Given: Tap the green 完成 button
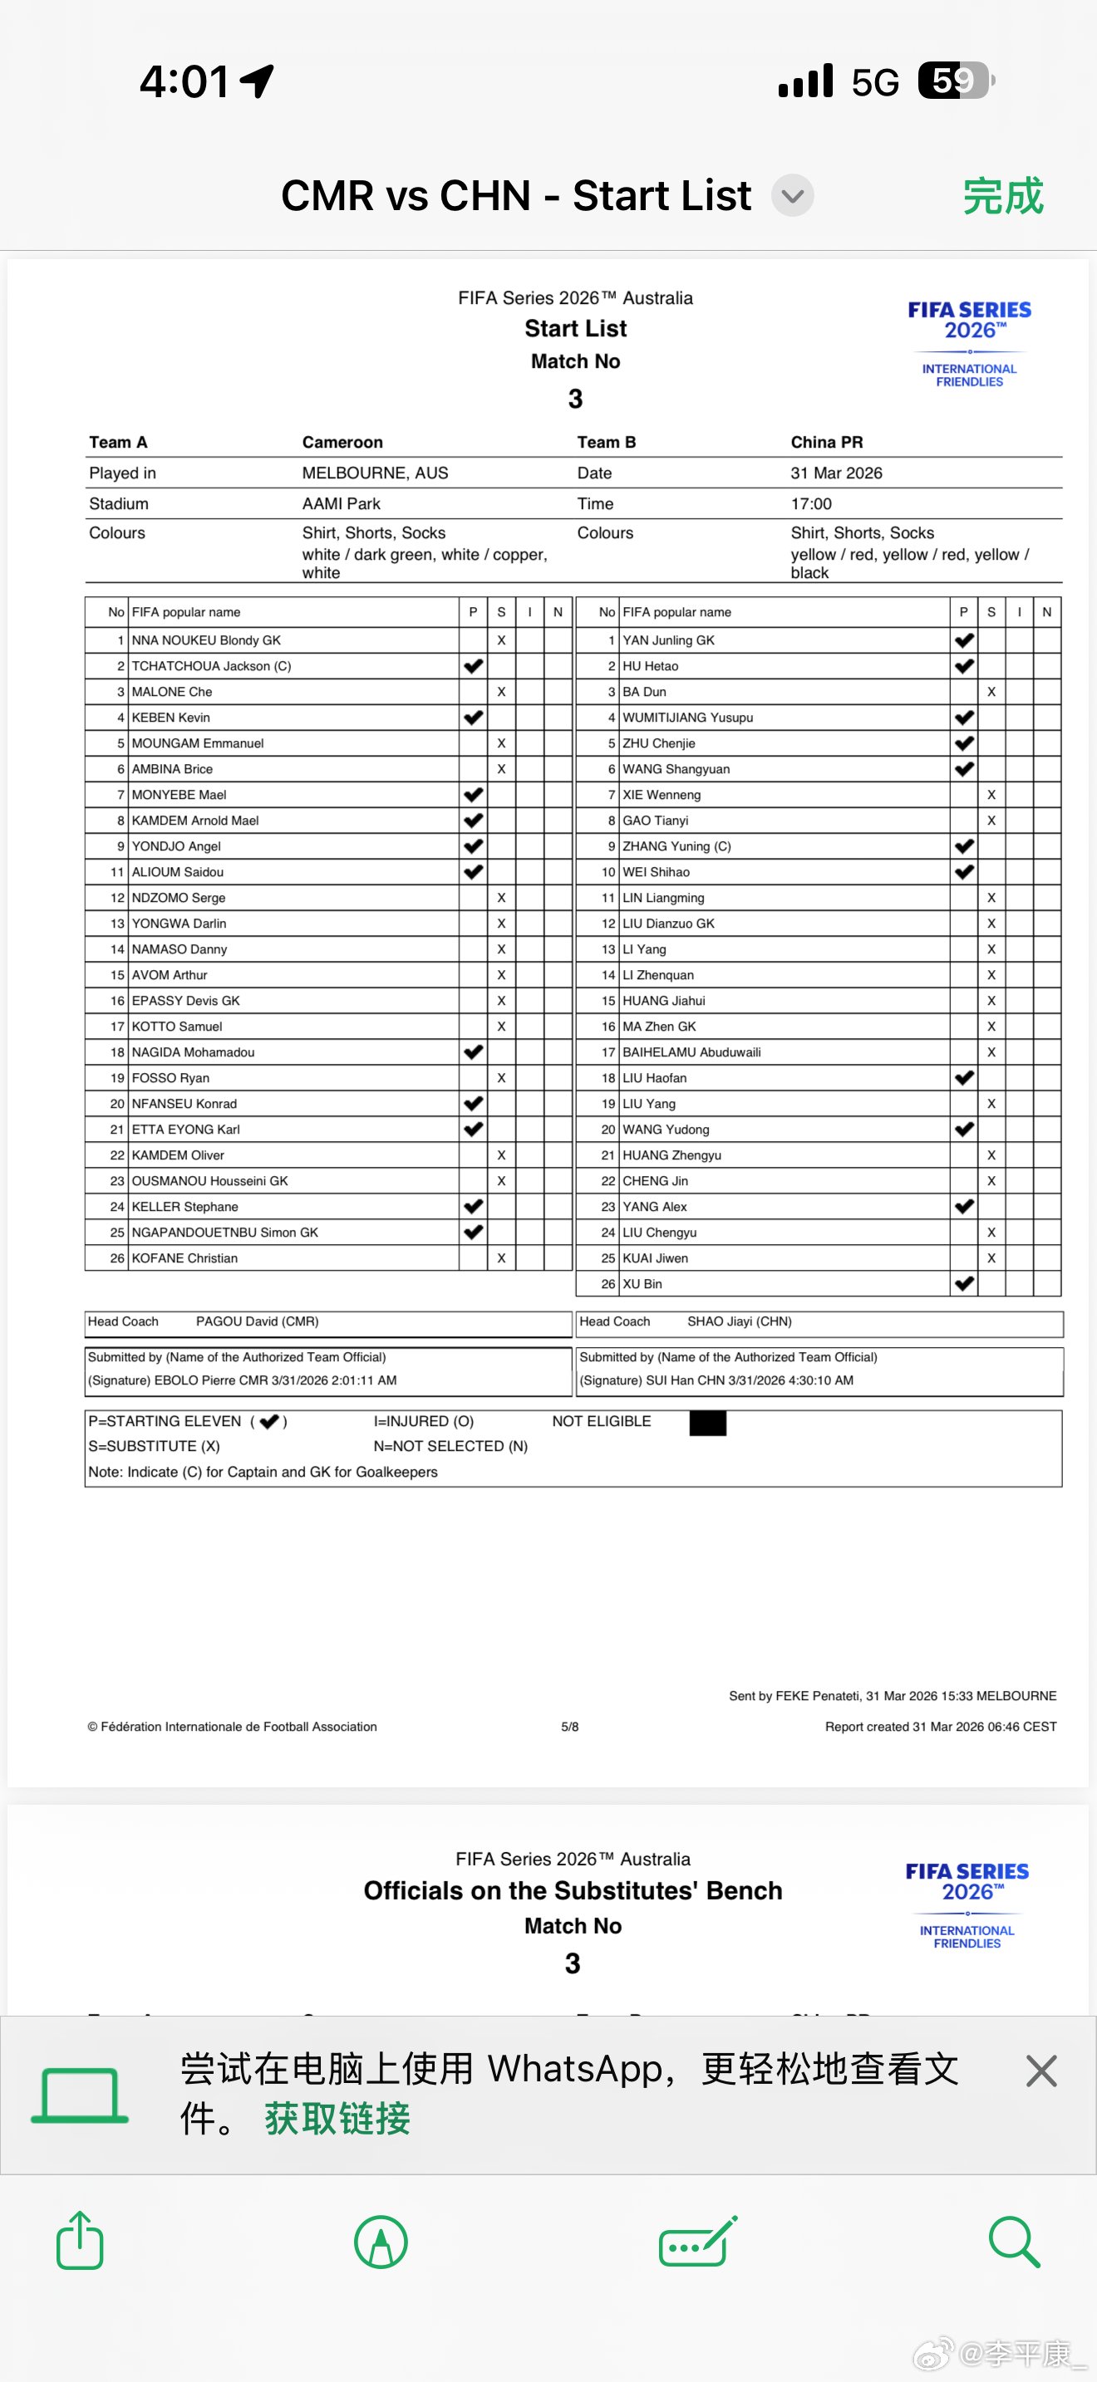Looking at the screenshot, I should click(1002, 196).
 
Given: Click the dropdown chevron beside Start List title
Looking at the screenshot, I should click(793, 196).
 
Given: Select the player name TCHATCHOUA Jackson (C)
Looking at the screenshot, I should click(211, 666).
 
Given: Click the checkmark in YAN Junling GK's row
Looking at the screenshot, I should click(964, 640).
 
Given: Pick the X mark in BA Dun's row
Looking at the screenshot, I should click(991, 692).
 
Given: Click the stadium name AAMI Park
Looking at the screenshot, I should click(342, 504).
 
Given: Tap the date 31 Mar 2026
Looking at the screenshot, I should click(836, 473).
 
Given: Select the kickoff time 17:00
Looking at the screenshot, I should click(811, 504).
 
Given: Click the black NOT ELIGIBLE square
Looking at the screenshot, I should click(707, 1423).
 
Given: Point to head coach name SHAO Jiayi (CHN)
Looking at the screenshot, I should click(739, 1321).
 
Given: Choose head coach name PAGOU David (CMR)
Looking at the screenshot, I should click(257, 1321).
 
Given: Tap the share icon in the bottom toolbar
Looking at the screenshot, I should click(80, 2241).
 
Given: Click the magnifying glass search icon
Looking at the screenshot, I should click(1014, 2242).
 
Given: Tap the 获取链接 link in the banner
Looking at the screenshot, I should click(337, 2119).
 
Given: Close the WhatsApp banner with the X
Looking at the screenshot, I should click(1041, 2071).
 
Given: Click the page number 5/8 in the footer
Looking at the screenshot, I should click(570, 1727).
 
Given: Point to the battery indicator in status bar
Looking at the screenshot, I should click(956, 81).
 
